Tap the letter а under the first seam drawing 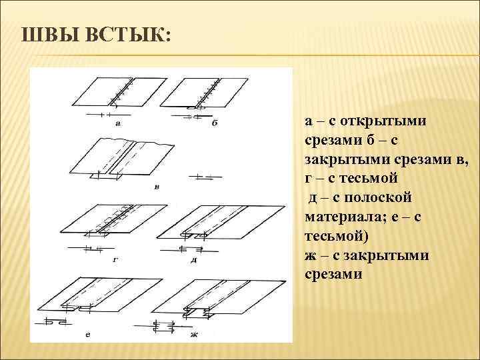tap(118, 123)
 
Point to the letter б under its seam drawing tap(215, 123)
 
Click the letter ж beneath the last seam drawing tap(194, 333)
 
